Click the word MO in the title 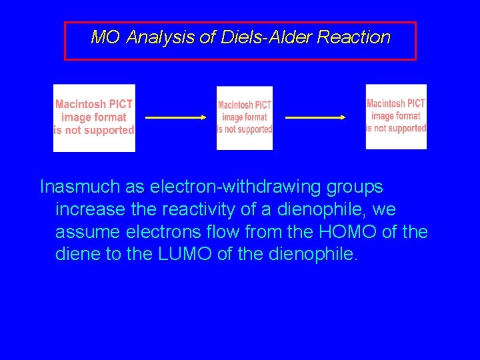tap(105, 37)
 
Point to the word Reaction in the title tap(353, 37)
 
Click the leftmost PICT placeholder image tap(94, 118)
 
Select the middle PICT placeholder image tap(245, 118)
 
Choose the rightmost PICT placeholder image tap(396, 117)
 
